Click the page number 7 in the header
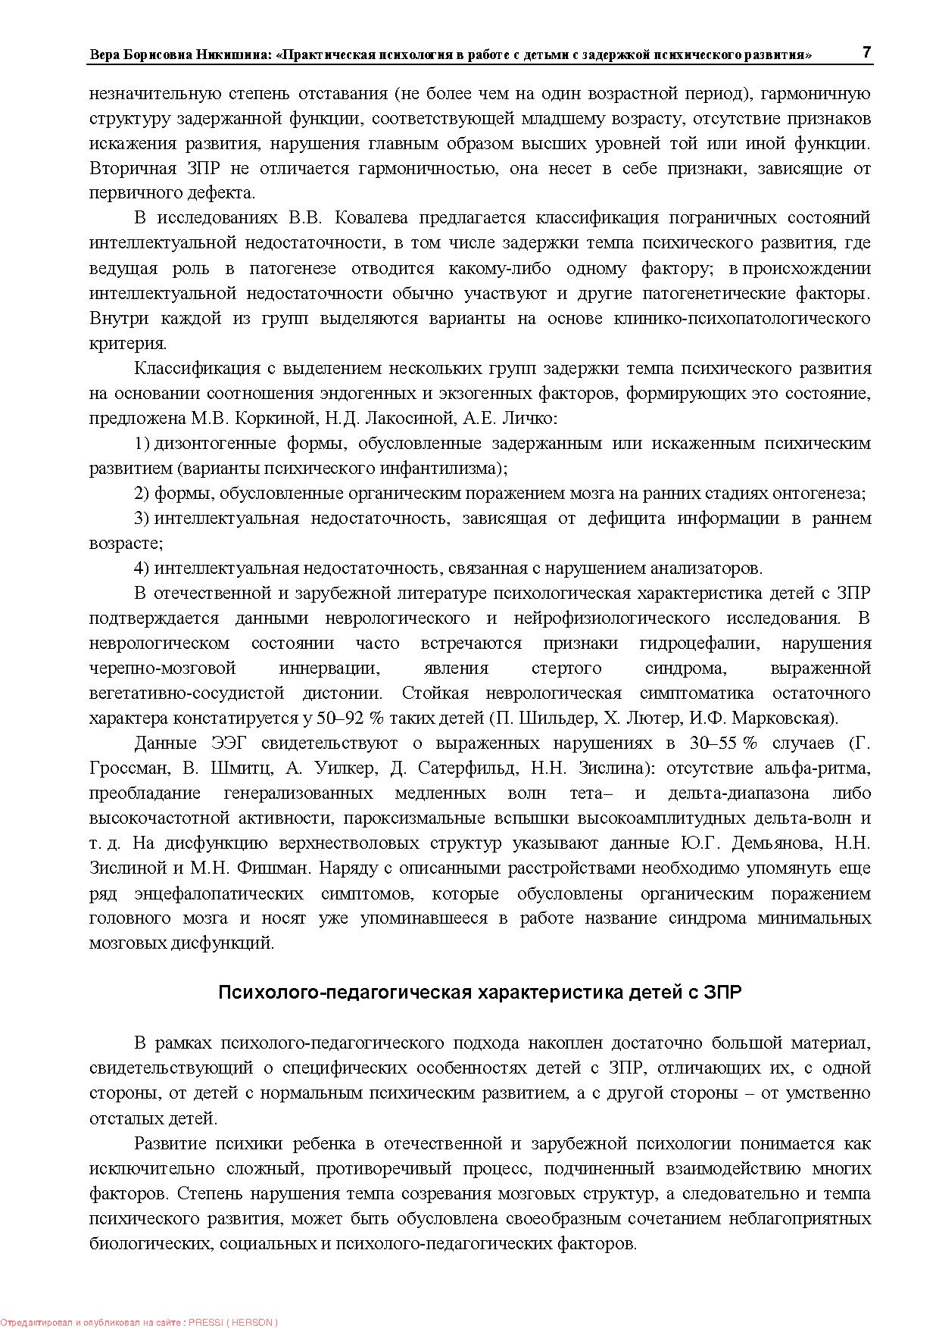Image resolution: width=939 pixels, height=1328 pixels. click(866, 52)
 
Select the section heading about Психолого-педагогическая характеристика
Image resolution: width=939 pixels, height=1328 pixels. click(479, 993)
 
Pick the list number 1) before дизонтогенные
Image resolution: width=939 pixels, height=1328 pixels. click(142, 443)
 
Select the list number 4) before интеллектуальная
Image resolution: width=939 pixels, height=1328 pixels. click(142, 568)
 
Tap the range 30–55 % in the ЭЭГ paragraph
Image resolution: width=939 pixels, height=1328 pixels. click(723, 743)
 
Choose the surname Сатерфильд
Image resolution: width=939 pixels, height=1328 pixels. click(464, 768)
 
